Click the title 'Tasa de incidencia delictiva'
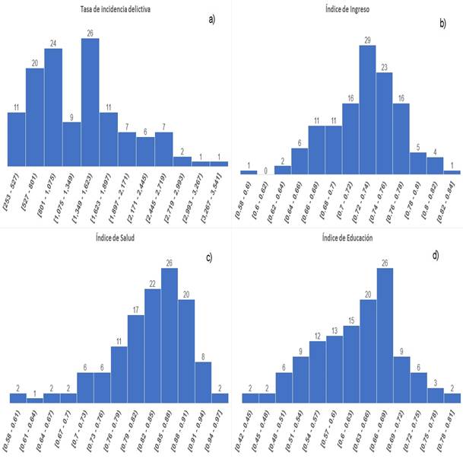point(116,9)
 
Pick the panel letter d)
point(436,255)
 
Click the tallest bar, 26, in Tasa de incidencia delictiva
point(90,103)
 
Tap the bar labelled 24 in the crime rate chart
point(53,107)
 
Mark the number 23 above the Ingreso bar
point(385,67)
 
